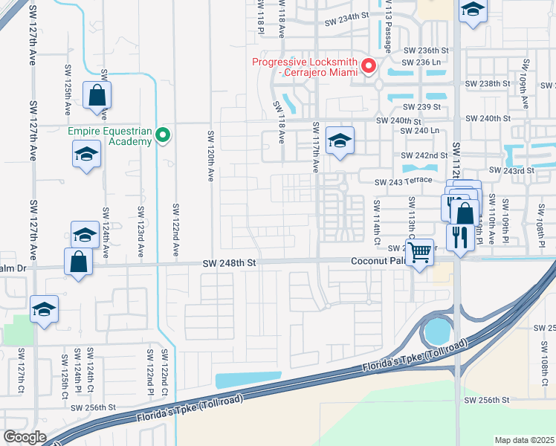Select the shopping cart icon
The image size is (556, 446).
click(420, 252)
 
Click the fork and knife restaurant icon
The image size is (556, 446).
click(461, 238)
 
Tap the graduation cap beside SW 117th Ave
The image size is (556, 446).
click(340, 140)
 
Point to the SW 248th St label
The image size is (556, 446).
click(230, 262)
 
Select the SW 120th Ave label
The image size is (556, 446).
click(211, 157)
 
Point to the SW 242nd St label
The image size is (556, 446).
click(424, 155)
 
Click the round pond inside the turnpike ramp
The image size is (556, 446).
click(437, 329)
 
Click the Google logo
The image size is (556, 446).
click(25, 437)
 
